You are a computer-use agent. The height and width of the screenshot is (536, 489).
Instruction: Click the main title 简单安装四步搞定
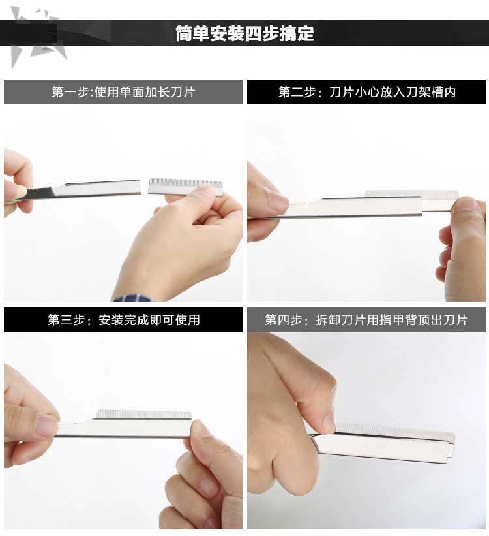pyautogui.click(x=244, y=33)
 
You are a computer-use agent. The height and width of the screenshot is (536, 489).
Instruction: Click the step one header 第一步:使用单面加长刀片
pyautogui.click(x=123, y=92)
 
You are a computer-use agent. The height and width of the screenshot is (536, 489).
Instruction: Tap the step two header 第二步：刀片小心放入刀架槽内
pyautogui.click(x=366, y=92)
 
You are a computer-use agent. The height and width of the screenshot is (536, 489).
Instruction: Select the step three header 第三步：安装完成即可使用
pyautogui.click(x=124, y=320)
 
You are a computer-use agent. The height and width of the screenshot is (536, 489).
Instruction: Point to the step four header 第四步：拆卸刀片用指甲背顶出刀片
pyautogui.click(x=366, y=320)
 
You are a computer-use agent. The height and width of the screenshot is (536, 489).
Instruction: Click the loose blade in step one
pyautogui.click(x=185, y=186)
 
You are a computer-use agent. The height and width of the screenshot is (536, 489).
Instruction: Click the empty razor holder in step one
pyautogui.click(x=82, y=190)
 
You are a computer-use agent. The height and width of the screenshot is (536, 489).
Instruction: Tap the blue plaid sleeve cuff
pyautogui.click(x=132, y=298)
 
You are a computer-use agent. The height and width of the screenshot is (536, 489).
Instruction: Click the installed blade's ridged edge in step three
pyautogui.click(x=144, y=415)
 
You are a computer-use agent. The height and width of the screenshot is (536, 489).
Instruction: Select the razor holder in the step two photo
pyautogui.click(x=351, y=207)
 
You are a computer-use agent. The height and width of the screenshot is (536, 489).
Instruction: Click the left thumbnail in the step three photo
pyautogui.click(x=47, y=426)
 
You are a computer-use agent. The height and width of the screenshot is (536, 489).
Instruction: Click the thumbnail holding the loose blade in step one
pyautogui.click(x=206, y=190)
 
